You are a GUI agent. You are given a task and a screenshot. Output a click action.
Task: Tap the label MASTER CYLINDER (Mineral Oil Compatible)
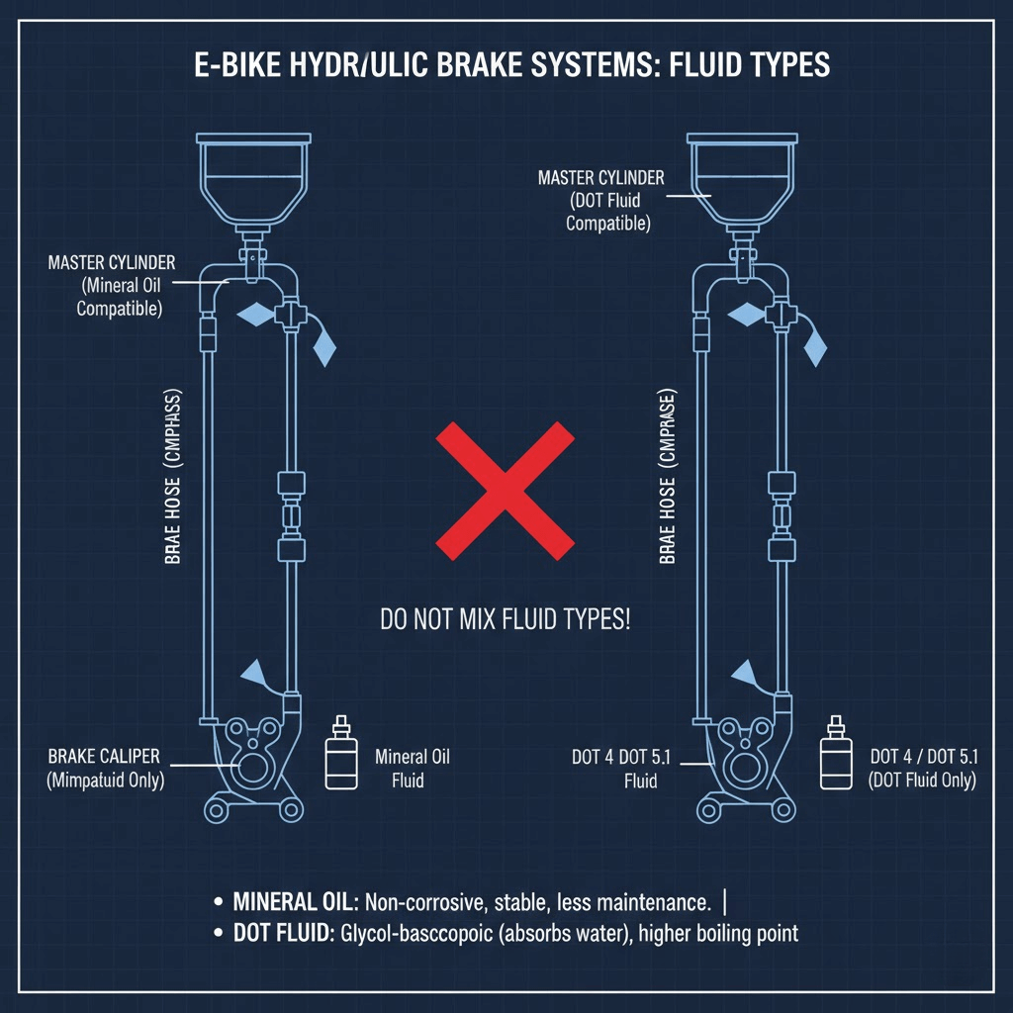(111, 286)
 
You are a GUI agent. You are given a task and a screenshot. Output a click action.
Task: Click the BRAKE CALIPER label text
(103, 757)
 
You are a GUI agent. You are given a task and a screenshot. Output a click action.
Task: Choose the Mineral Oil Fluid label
(413, 769)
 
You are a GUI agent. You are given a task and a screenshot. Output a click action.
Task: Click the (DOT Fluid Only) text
(922, 781)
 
